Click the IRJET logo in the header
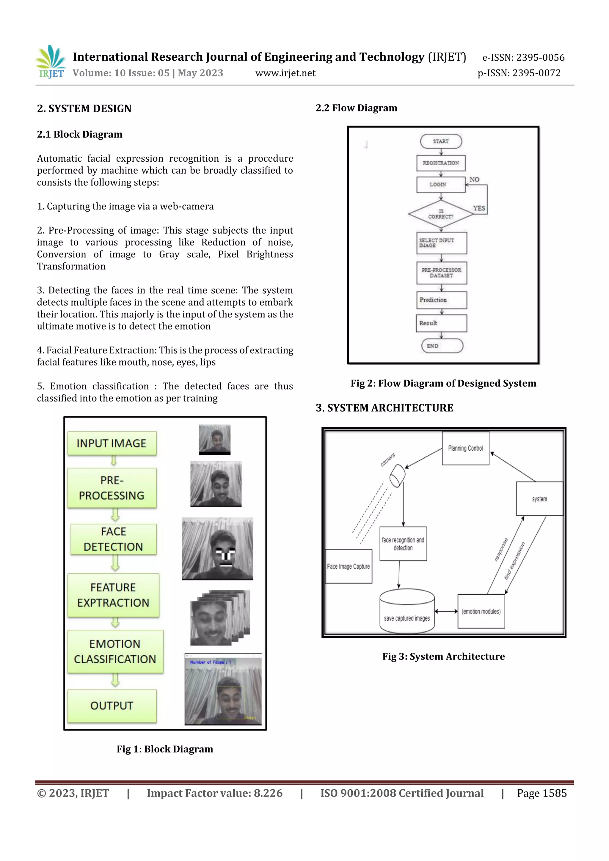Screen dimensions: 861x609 [x=51, y=62]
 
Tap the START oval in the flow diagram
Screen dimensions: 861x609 [x=441, y=141]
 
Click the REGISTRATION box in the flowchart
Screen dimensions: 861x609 [x=441, y=163]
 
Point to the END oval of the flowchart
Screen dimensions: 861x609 [x=442, y=346]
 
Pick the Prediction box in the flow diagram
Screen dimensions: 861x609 [x=441, y=300]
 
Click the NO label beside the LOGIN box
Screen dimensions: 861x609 [x=474, y=180]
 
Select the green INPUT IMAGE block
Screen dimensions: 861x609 [x=112, y=443]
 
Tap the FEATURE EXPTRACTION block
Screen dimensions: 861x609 [x=113, y=595]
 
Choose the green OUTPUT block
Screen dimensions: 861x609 [x=112, y=706]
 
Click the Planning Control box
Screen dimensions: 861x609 [x=465, y=448]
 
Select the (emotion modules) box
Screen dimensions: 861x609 [x=481, y=611]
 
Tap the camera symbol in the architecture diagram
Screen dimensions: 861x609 [x=397, y=476]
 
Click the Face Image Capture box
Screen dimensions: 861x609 [x=349, y=566]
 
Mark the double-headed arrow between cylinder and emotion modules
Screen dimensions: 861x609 [x=446, y=611]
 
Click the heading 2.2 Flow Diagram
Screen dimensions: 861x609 [x=356, y=108]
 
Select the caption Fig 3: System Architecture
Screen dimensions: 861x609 [x=444, y=656]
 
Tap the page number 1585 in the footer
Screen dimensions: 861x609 [x=554, y=793]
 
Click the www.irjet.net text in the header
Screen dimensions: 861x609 [x=285, y=73]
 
